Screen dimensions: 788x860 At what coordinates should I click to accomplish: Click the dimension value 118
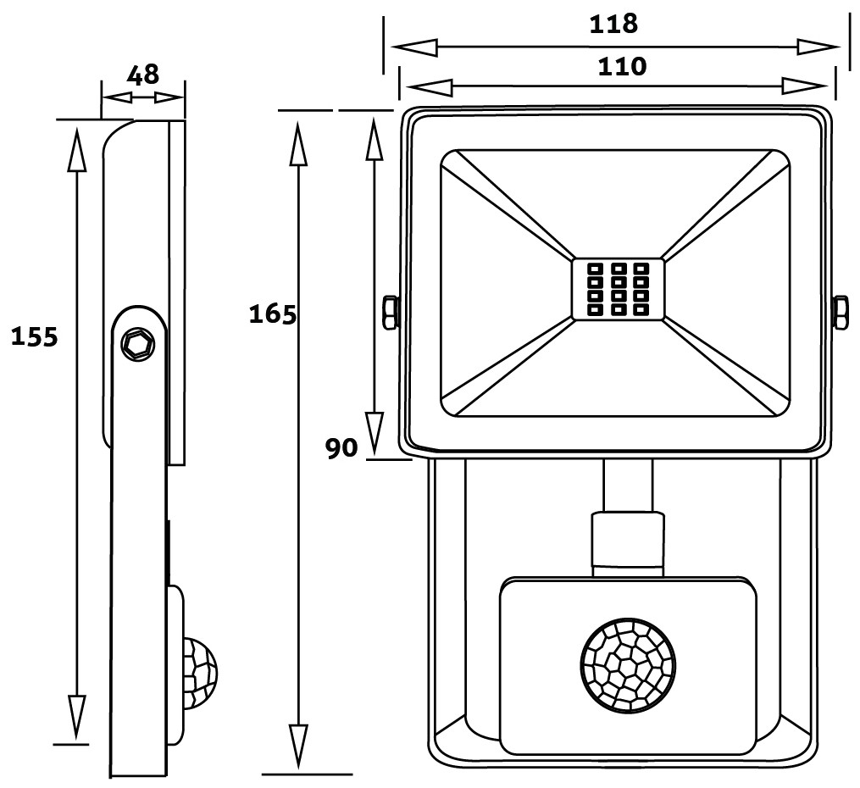pos(613,24)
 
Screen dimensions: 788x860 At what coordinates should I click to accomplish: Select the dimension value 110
pos(622,66)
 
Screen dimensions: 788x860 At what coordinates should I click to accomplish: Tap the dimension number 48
pos(142,75)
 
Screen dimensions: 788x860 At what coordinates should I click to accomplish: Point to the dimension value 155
pos(34,337)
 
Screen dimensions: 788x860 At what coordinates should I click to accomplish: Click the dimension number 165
pos(272,315)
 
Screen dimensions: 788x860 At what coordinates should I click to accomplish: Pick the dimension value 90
pos(342,448)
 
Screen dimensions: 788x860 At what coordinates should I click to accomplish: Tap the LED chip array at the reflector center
pos(617,289)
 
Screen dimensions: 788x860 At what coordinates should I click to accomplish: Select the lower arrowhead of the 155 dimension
pos(76,716)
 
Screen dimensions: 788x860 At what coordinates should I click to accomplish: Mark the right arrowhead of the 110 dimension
pos(804,86)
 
